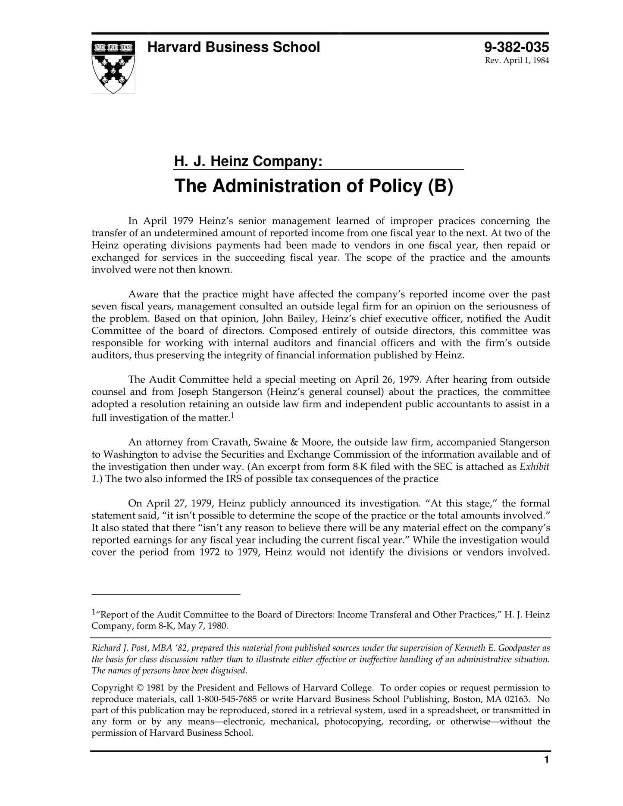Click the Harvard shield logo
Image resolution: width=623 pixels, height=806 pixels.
pos(113,67)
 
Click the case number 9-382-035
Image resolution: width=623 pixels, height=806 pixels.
pos(516,47)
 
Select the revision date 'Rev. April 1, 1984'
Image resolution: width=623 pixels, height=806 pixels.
pos(517,60)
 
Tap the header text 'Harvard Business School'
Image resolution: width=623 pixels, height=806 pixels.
pos(233,47)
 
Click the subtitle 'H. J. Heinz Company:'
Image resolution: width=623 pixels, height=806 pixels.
pos(248,162)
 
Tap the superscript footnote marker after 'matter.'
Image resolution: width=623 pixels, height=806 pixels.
pos(232,415)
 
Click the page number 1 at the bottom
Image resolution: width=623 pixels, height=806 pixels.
pos(546,772)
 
